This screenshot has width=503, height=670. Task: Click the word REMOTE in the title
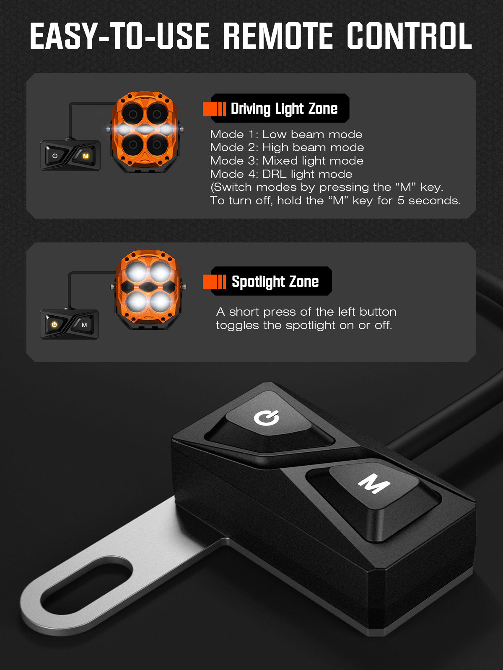(x=278, y=36)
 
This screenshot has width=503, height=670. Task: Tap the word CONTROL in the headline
(x=409, y=36)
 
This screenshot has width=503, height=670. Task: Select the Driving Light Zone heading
(x=284, y=108)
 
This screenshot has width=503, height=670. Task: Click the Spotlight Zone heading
(x=275, y=281)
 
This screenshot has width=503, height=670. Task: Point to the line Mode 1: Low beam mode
(x=286, y=134)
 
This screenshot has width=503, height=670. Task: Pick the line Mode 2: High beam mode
(x=287, y=147)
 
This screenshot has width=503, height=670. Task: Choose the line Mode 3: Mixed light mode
(x=287, y=161)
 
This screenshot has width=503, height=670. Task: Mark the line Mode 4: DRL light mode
(x=281, y=174)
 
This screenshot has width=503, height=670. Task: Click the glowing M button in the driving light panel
(x=86, y=156)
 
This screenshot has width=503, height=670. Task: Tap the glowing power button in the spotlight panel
(x=54, y=325)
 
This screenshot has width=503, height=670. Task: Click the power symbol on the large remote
(x=266, y=417)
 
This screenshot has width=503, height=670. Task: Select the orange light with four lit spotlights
(x=148, y=289)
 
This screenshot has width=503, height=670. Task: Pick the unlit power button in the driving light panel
(x=55, y=156)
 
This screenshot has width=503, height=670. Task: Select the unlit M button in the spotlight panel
(x=84, y=325)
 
